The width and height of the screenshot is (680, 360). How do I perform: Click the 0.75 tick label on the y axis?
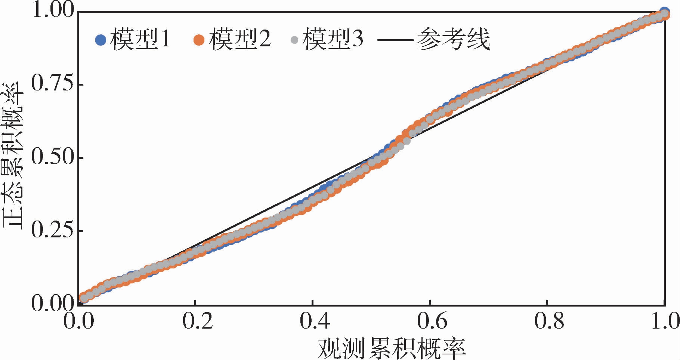pyautogui.click(x=52, y=84)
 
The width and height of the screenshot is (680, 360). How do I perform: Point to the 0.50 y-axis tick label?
pyautogui.click(x=52, y=157)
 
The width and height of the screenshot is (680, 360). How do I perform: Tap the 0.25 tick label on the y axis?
pyautogui.click(x=52, y=230)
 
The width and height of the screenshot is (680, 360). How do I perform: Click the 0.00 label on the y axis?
pyautogui.click(x=52, y=304)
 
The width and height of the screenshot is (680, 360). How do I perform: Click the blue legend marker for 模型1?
pyautogui.click(x=101, y=40)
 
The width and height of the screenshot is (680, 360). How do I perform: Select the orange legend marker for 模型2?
pyautogui.click(x=199, y=40)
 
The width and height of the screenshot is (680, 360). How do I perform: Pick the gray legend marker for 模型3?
pyautogui.click(x=294, y=40)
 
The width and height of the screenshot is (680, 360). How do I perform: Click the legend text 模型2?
pyautogui.click(x=239, y=39)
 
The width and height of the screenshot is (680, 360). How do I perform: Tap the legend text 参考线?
pyautogui.click(x=453, y=39)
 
